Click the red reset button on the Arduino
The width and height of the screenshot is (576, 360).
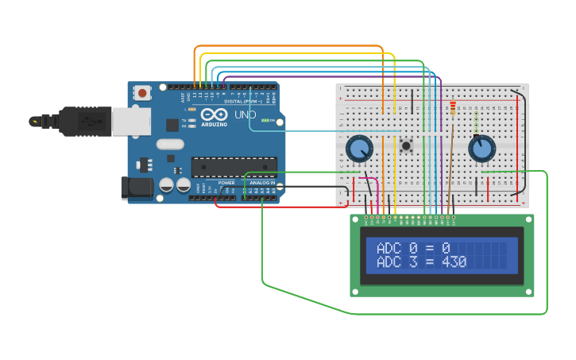tap(142, 93)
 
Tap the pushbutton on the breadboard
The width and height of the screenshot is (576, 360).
tap(406, 145)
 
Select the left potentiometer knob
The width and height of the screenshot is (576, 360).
tap(359, 148)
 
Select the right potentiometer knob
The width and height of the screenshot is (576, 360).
tap(481, 149)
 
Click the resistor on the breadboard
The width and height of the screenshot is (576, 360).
tap(453, 108)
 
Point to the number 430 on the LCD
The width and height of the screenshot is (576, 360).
tap(454, 261)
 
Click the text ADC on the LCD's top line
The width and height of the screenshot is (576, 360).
tap(389, 248)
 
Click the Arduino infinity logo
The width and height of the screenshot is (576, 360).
tap(214, 114)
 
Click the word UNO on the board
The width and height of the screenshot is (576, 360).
tap(245, 115)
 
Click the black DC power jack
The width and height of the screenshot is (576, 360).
tap(136, 188)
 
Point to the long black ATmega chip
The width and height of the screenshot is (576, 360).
tap(234, 167)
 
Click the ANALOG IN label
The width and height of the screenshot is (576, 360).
tap(262, 183)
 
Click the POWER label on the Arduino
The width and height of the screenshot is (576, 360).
tap(227, 183)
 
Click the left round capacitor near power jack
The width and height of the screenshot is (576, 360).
tap(167, 184)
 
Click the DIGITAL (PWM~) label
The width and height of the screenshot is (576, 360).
tap(245, 101)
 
